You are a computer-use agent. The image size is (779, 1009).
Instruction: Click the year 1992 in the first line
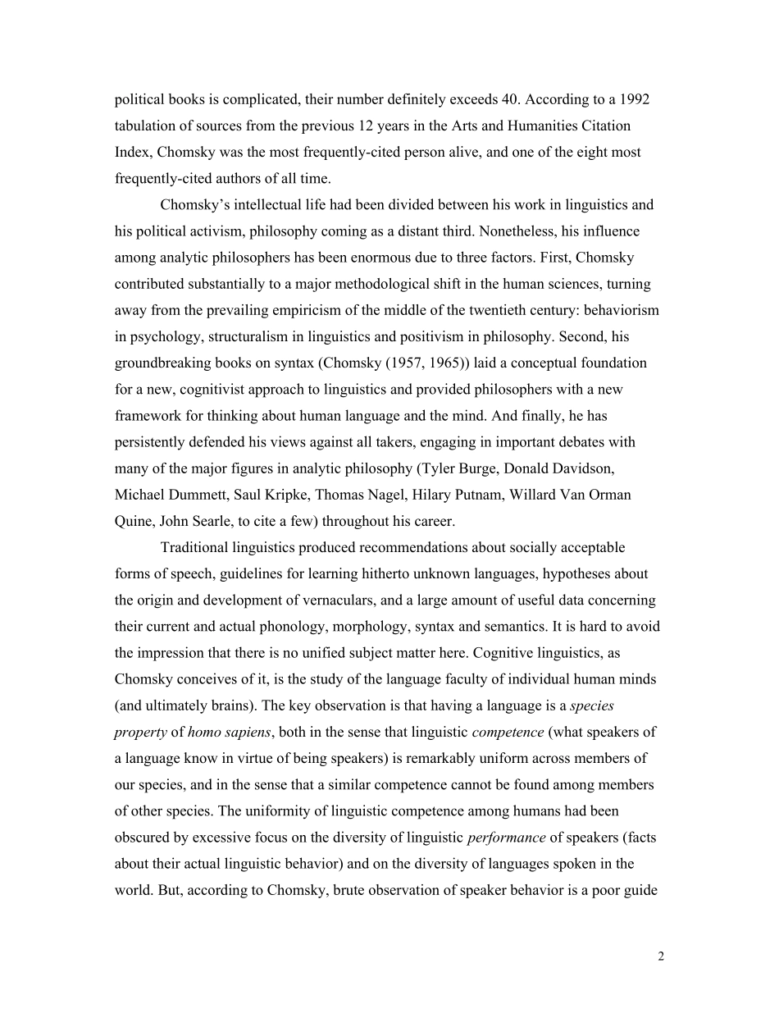tap(634, 100)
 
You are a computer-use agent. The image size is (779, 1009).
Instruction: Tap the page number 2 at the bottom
tap(660, 956)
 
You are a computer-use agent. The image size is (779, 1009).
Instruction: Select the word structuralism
tap(211, 336)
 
